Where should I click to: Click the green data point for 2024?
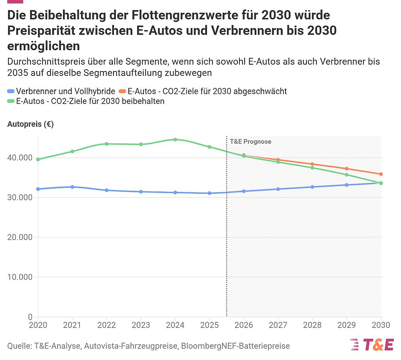tap(175, 140)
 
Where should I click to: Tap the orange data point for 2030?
tap(381, 174)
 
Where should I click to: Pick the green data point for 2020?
tap(38, 159)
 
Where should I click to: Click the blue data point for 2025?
tap(209, 193)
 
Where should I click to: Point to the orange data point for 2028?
tap(312, 164)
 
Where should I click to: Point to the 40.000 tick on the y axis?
tap(20, 158)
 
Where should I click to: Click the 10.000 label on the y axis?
tap(20, 277)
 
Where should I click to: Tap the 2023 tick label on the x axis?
tap(141, 325)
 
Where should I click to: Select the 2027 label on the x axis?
tap(278, 325)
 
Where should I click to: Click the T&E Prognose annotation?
tap(250, 142)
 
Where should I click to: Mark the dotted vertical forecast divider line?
tap(227, 241)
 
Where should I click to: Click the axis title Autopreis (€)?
tap(30, 124)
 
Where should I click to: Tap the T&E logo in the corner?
tap(372, 344)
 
